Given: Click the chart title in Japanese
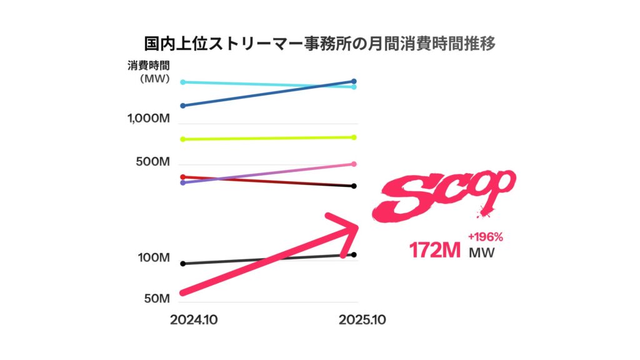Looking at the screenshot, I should tap(320, 44).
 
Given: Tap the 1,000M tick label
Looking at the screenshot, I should tap(149, 119).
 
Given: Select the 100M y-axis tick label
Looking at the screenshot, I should tap(153, 257).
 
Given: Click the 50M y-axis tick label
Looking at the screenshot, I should tap(156, 298).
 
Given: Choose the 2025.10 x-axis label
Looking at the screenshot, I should tap(362, 319).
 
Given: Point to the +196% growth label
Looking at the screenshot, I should tap(485, 237).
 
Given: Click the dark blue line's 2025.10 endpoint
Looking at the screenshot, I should tap(354, 81).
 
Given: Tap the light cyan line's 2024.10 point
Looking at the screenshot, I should tap(182, 82).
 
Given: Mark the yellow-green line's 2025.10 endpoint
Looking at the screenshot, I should tap(354, 137).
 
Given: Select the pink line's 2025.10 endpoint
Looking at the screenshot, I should tap(354, 164).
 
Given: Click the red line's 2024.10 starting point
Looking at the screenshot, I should tap(182, 177).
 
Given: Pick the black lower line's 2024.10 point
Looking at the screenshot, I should tap(182, 264).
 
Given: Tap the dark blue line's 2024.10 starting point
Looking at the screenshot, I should tap(182, 106).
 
